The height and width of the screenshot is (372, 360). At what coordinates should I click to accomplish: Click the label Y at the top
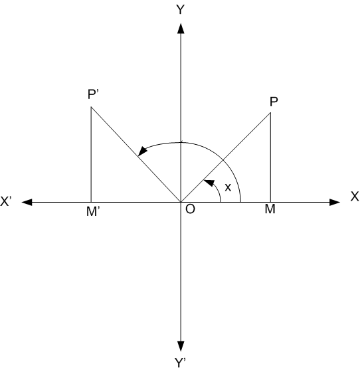pyautogui.click(x=181, y=10)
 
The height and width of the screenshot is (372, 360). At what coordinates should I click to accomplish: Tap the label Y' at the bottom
pyautogui.click(x=180, y=363)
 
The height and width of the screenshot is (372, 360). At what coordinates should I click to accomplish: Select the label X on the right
pyautogui.click(x=355, y=197)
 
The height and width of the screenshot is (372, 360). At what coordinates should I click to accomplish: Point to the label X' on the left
pyautogui.click(x=6, y=201)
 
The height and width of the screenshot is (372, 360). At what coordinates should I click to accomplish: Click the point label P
pyautogui.click(x=274, y=102)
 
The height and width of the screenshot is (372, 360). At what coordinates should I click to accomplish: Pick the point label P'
pyautogui.click(x=93, y=94)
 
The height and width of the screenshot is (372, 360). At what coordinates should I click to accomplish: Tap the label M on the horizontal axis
pyautogui.click(x=270, y=209)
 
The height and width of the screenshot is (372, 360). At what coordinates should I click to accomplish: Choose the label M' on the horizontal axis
pyautogui.click(x=93, y=211)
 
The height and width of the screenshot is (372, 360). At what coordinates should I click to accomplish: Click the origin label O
pyautogui.click(x=190, y=209)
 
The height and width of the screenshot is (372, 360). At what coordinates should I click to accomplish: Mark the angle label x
pyautogui.click(x=228, y=187)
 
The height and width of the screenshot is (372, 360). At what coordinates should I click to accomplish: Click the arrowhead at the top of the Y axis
pyautogui.click(x=181, y=29)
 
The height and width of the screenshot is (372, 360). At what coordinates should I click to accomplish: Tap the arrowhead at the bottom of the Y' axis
pyautogui.click(x=181, y=346)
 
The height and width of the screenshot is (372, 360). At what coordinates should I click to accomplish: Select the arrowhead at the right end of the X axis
pyautogui.click(x=335, y=203)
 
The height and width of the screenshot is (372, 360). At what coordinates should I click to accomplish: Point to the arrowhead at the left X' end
pyautogui.click(x=27, y=203)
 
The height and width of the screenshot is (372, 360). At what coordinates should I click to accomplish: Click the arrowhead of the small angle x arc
pyautogui.click(x=210, y=183)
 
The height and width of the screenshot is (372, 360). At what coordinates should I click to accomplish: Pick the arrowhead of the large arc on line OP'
pyautogui.click(x=143, y=151)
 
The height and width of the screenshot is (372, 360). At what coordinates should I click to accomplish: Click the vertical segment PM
pyautogui.click(x=270, y=157)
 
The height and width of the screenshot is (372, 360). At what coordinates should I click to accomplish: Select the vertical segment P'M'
pyautogui.click(x=91, y=155)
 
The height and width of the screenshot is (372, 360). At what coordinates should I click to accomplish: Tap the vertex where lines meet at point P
pyautogui.click(x=270, y=113)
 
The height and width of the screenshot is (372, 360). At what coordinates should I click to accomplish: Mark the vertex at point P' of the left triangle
pyautogui.click(x=91, y=107)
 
